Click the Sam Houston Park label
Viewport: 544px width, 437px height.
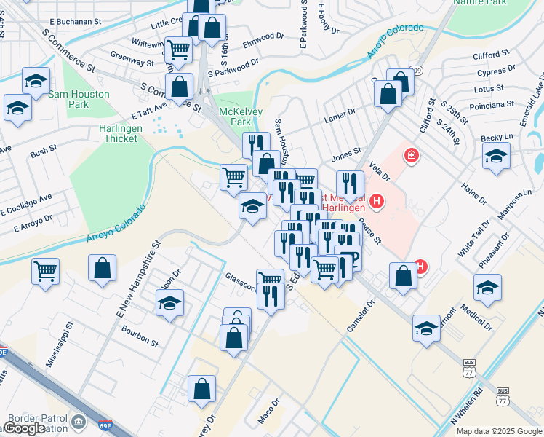[79, 99]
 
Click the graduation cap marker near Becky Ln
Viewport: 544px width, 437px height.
[497, 157]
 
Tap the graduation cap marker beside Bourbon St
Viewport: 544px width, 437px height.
[170, 302]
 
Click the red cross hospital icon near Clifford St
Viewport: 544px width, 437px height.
[411, 156]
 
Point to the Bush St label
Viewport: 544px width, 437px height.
[44, 153]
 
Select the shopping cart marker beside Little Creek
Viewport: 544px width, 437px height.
[178, 50]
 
